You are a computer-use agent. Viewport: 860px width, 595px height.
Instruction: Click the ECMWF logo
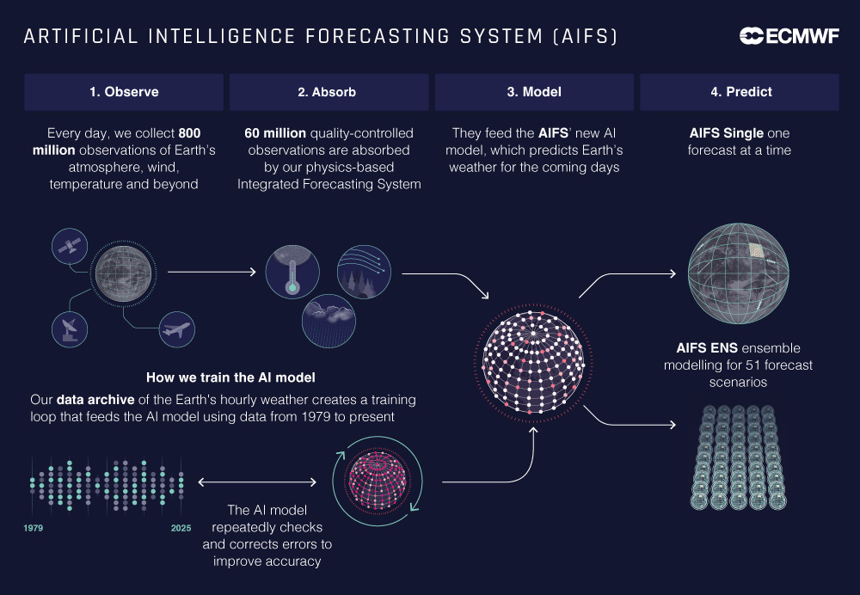point(789,36)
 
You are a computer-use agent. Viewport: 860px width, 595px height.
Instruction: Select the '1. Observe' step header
point(124,92)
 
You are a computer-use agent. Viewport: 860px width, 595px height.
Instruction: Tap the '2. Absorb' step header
point(329,92)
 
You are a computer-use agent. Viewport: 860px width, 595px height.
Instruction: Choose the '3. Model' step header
point(534,92)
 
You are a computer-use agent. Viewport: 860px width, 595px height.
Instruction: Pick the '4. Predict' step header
point(740,92)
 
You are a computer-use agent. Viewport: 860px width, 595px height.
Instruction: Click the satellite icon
point(70,246)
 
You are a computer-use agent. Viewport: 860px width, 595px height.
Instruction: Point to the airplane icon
point(176,329)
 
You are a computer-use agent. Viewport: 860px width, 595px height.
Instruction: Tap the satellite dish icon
point(70,329)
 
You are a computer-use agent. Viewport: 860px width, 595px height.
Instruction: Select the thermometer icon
point(292,272)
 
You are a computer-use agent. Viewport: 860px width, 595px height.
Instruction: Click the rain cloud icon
point(329,321)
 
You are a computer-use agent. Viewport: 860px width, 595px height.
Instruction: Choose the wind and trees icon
point(364,272)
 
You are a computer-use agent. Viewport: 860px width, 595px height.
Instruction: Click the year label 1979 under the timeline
point(34,528)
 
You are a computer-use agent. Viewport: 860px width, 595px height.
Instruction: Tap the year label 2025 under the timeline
point(181,528)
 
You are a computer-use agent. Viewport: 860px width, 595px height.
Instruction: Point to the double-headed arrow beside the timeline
point(257,482)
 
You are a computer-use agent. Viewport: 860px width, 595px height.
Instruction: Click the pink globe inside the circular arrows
point(378,481)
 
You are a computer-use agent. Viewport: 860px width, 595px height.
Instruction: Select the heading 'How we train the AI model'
point(230,377)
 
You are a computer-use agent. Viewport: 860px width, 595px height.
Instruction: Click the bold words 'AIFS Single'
point(726,133)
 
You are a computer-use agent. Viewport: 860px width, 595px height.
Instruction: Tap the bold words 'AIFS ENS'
point(707,348)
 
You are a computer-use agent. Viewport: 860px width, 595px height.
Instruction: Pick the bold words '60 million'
point(275,133)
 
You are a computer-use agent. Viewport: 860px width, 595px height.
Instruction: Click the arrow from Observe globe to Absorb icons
point(212,272)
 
